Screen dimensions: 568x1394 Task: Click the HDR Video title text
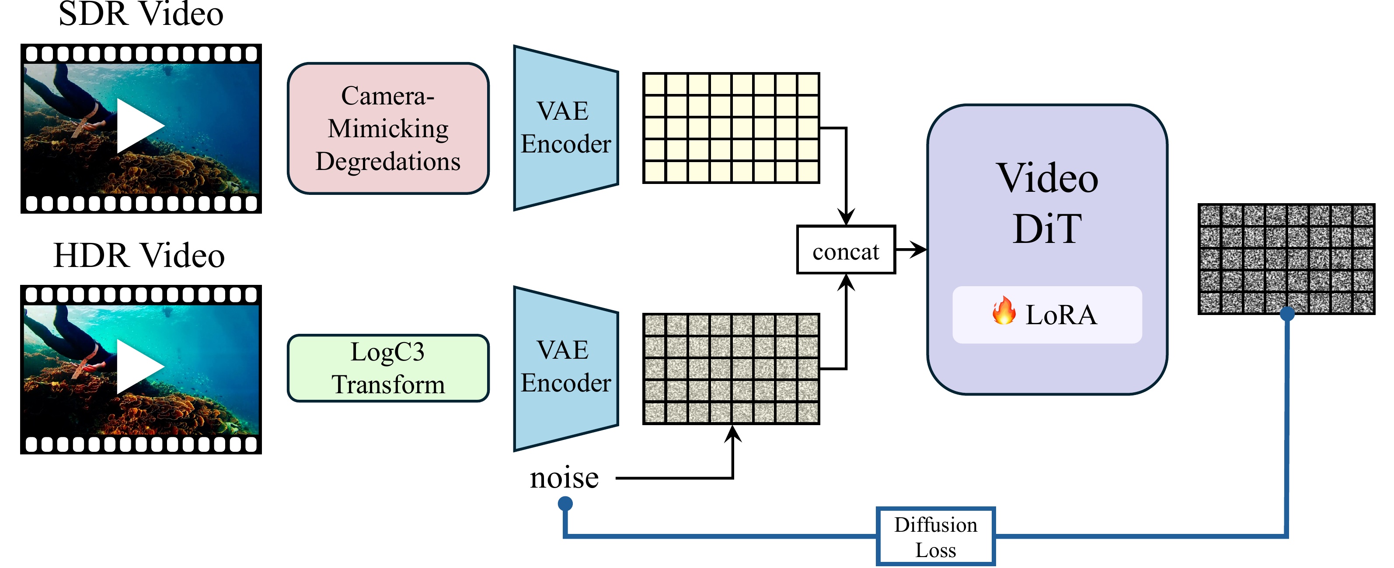pos(139,255)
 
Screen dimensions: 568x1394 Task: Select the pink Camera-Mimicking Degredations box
pos(388,128)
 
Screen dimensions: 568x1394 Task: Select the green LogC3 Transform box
pos(388,368)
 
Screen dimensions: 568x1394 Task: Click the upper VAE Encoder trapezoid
pos(565,128)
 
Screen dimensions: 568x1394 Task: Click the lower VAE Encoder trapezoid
pos(565,368)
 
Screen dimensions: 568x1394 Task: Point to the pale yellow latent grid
pos(731,128)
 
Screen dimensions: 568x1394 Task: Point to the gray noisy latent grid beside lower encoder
pos(731,369)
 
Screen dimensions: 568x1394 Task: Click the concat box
pos(846,250)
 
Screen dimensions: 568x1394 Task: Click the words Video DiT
pos(1047,203)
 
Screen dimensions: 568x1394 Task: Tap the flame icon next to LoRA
pos(1004,312)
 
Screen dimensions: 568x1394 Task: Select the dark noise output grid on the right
pos(1286,259)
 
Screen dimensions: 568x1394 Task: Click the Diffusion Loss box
pos(936,537)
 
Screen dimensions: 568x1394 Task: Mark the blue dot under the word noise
pos(565,504)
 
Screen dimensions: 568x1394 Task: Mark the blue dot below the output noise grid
pos(1287,313)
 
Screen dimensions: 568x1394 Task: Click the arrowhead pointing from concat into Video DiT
pos(920,250)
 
